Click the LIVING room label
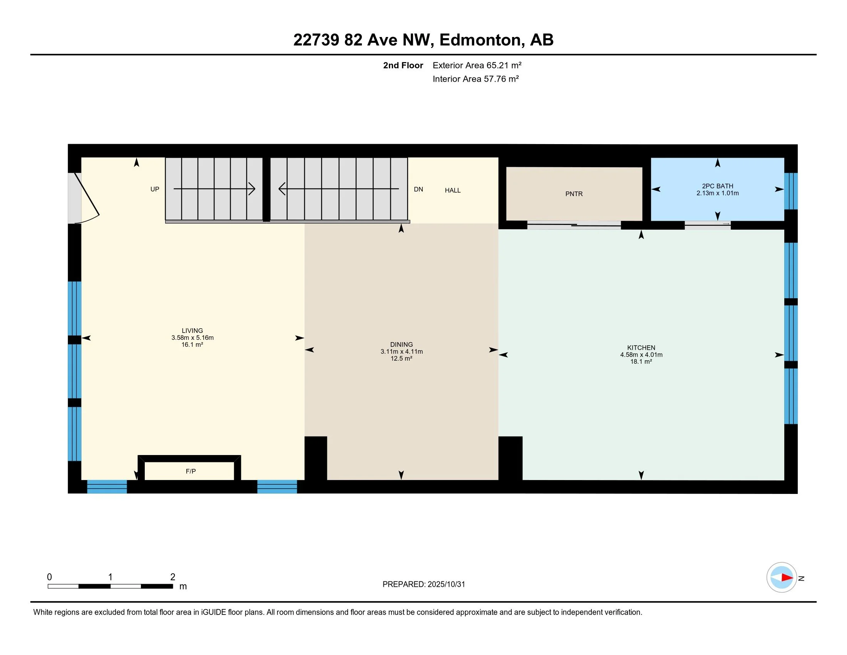point(192,331)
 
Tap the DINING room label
point(402,344)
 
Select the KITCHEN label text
point(641,348)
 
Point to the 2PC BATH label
point(718,186)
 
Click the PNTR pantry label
point(574,194)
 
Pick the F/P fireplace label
point(191,471)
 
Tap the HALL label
point(453,190)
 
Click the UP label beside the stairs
point(155,189)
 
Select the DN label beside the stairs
point(418,189)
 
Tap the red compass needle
point(787,578)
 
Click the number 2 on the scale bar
point(173,577)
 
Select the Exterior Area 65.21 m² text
point(477,65)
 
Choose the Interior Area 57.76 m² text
point(475,79)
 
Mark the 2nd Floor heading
point(403,65)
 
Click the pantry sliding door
point(574,225)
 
